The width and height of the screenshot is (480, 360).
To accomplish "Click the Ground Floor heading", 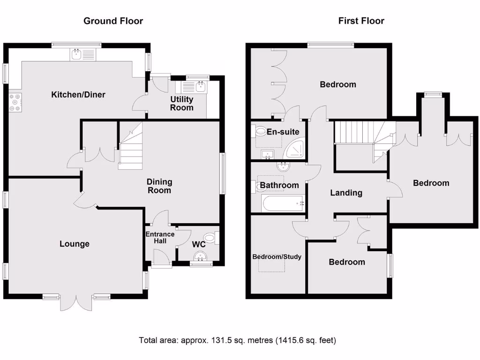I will click(x=113, y=21).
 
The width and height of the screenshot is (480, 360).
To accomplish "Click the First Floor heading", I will click(x=361, y=21).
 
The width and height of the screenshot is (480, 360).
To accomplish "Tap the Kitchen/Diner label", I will click(x=78, y=95).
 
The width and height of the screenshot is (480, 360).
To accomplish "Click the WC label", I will click(x=198, y=244).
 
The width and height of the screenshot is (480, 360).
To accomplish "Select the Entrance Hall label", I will click(x=160, y=238).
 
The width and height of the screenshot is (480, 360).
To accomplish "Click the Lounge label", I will click(x=75, y=244).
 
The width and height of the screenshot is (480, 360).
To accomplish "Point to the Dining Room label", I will click(x=159, y=186).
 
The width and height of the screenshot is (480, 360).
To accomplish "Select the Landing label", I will click(x=346, y=192).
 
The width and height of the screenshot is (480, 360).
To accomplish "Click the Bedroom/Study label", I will click(x=277, y=257).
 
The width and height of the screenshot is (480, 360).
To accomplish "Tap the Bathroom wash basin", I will click(x=283, y=167).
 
